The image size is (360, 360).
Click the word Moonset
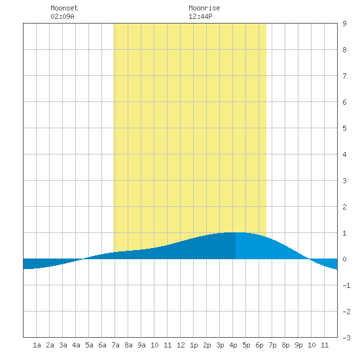[64, 8]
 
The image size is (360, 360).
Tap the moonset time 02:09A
[62, 16]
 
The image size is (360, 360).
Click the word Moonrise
[204, 8]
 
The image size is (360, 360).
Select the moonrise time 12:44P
[200, 16]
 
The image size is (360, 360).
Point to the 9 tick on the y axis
[344, 24]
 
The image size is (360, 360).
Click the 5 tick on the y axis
[344, 128]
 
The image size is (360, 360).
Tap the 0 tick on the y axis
[344, 259]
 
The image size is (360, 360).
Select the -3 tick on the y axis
[346, 338]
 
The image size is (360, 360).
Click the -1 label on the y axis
[346, 285]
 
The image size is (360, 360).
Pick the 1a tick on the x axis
[37, 345]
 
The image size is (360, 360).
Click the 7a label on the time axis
[115, 345]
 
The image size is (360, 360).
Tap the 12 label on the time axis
[181, 345]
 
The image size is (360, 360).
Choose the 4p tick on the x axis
[233, 345]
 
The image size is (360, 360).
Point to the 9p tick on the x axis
[298, 345]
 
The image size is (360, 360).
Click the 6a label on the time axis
[102, 345]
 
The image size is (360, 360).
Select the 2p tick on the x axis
[207, 345]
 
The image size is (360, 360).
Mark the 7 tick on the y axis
[344, 76]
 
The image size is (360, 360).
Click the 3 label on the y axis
[344, 181]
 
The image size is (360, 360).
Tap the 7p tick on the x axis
[272, 345]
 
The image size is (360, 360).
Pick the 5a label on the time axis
[89, 345]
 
